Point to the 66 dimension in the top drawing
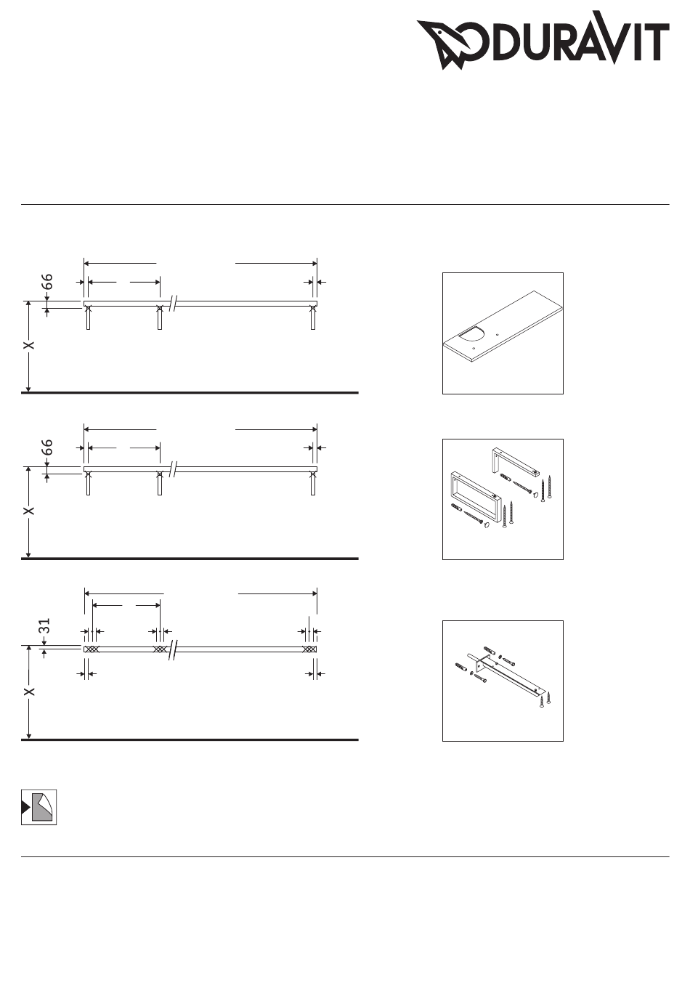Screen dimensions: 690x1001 [x=47, y=282]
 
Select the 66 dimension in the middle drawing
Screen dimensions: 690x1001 [x=47, y=447]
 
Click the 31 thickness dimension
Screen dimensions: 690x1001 [x=45, y=625]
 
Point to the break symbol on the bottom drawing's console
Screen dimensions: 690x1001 [x=174, y=649]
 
